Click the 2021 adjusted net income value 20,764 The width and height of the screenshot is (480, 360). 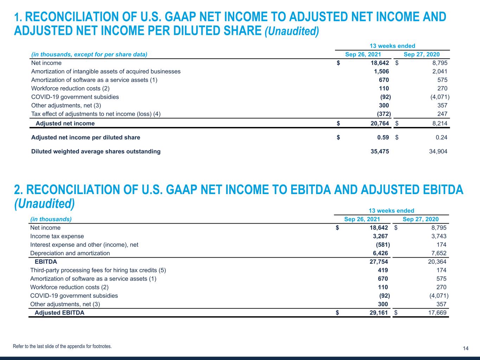coord(378,123)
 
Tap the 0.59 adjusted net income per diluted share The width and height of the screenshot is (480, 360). coord(383,137)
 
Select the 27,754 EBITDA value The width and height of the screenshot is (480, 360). coord(377,262)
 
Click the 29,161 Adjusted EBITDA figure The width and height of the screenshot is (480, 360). coord(377,313)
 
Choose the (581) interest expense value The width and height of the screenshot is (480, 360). coord(383,245)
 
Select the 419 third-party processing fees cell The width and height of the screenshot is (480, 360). coord(383,270)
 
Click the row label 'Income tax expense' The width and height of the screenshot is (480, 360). coord(57,236)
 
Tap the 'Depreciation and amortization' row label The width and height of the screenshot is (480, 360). coord(70,253)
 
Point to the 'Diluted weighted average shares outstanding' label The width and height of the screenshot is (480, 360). coord(96,152)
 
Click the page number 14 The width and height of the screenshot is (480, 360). coord(466,348)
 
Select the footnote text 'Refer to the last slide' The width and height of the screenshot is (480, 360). coord(62,346)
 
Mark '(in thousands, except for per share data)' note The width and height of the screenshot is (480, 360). coord(89,54)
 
